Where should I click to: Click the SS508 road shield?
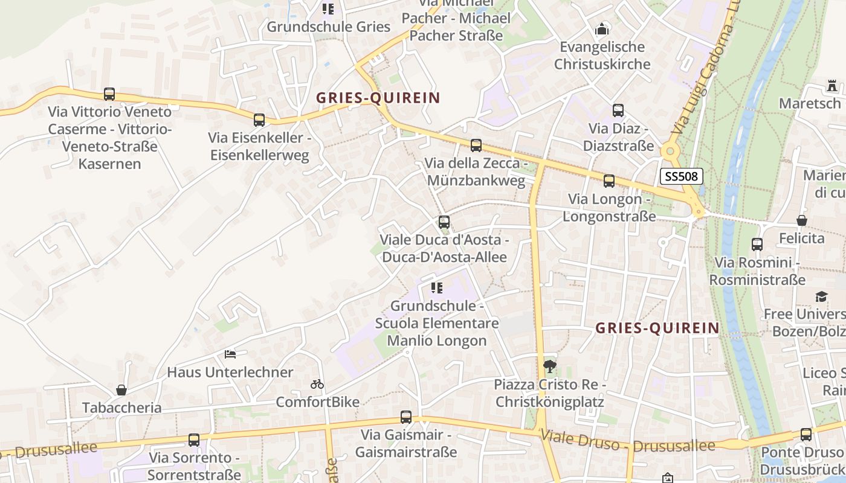[x=681, y=176]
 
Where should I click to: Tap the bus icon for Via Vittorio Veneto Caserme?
[x=109, y=94]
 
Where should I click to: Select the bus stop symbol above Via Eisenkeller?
[x=259, y=120]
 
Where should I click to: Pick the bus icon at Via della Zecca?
[x=476, y=146]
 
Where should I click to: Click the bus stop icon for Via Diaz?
[x=618, y=110]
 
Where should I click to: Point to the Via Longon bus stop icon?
[x=609, y=181]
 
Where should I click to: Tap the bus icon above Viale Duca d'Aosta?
[x=444, y=222]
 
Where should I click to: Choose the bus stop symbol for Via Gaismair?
[x=406, y=417]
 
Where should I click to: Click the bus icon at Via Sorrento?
[x=194, y=440]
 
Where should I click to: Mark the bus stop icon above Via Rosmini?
[x=757, y=245]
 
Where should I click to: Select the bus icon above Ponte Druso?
[x=806, y=435]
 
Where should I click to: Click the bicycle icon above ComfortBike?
[x=317, y=384]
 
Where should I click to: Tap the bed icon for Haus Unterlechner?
[x=230, y=354]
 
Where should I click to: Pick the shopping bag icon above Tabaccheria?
[x=121, y=390]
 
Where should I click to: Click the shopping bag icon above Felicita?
[x=802, y=220]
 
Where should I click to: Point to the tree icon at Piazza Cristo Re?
[x=550, y=366]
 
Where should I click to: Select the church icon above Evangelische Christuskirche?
[x=602, y=28]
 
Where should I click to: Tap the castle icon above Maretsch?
[x=833, y=86]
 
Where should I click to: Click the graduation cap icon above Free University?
[x=821, y=296]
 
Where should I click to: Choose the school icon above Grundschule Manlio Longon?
[x=437, y=288]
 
